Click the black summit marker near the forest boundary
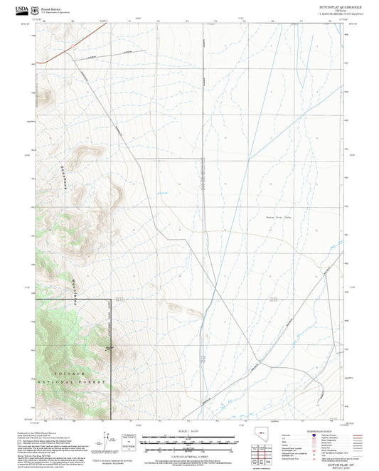109,347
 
